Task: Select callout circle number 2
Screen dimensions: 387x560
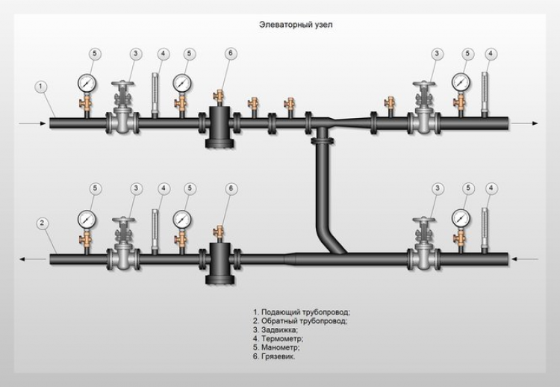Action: (42, 223)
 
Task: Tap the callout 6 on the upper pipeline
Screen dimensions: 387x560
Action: (230, 54)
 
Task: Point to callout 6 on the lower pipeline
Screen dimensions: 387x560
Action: (230, 188)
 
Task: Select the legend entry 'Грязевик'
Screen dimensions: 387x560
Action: (274, 357)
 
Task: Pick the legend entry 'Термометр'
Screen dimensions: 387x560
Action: (278, 338)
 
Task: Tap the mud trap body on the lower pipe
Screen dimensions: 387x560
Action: (220, 261)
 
